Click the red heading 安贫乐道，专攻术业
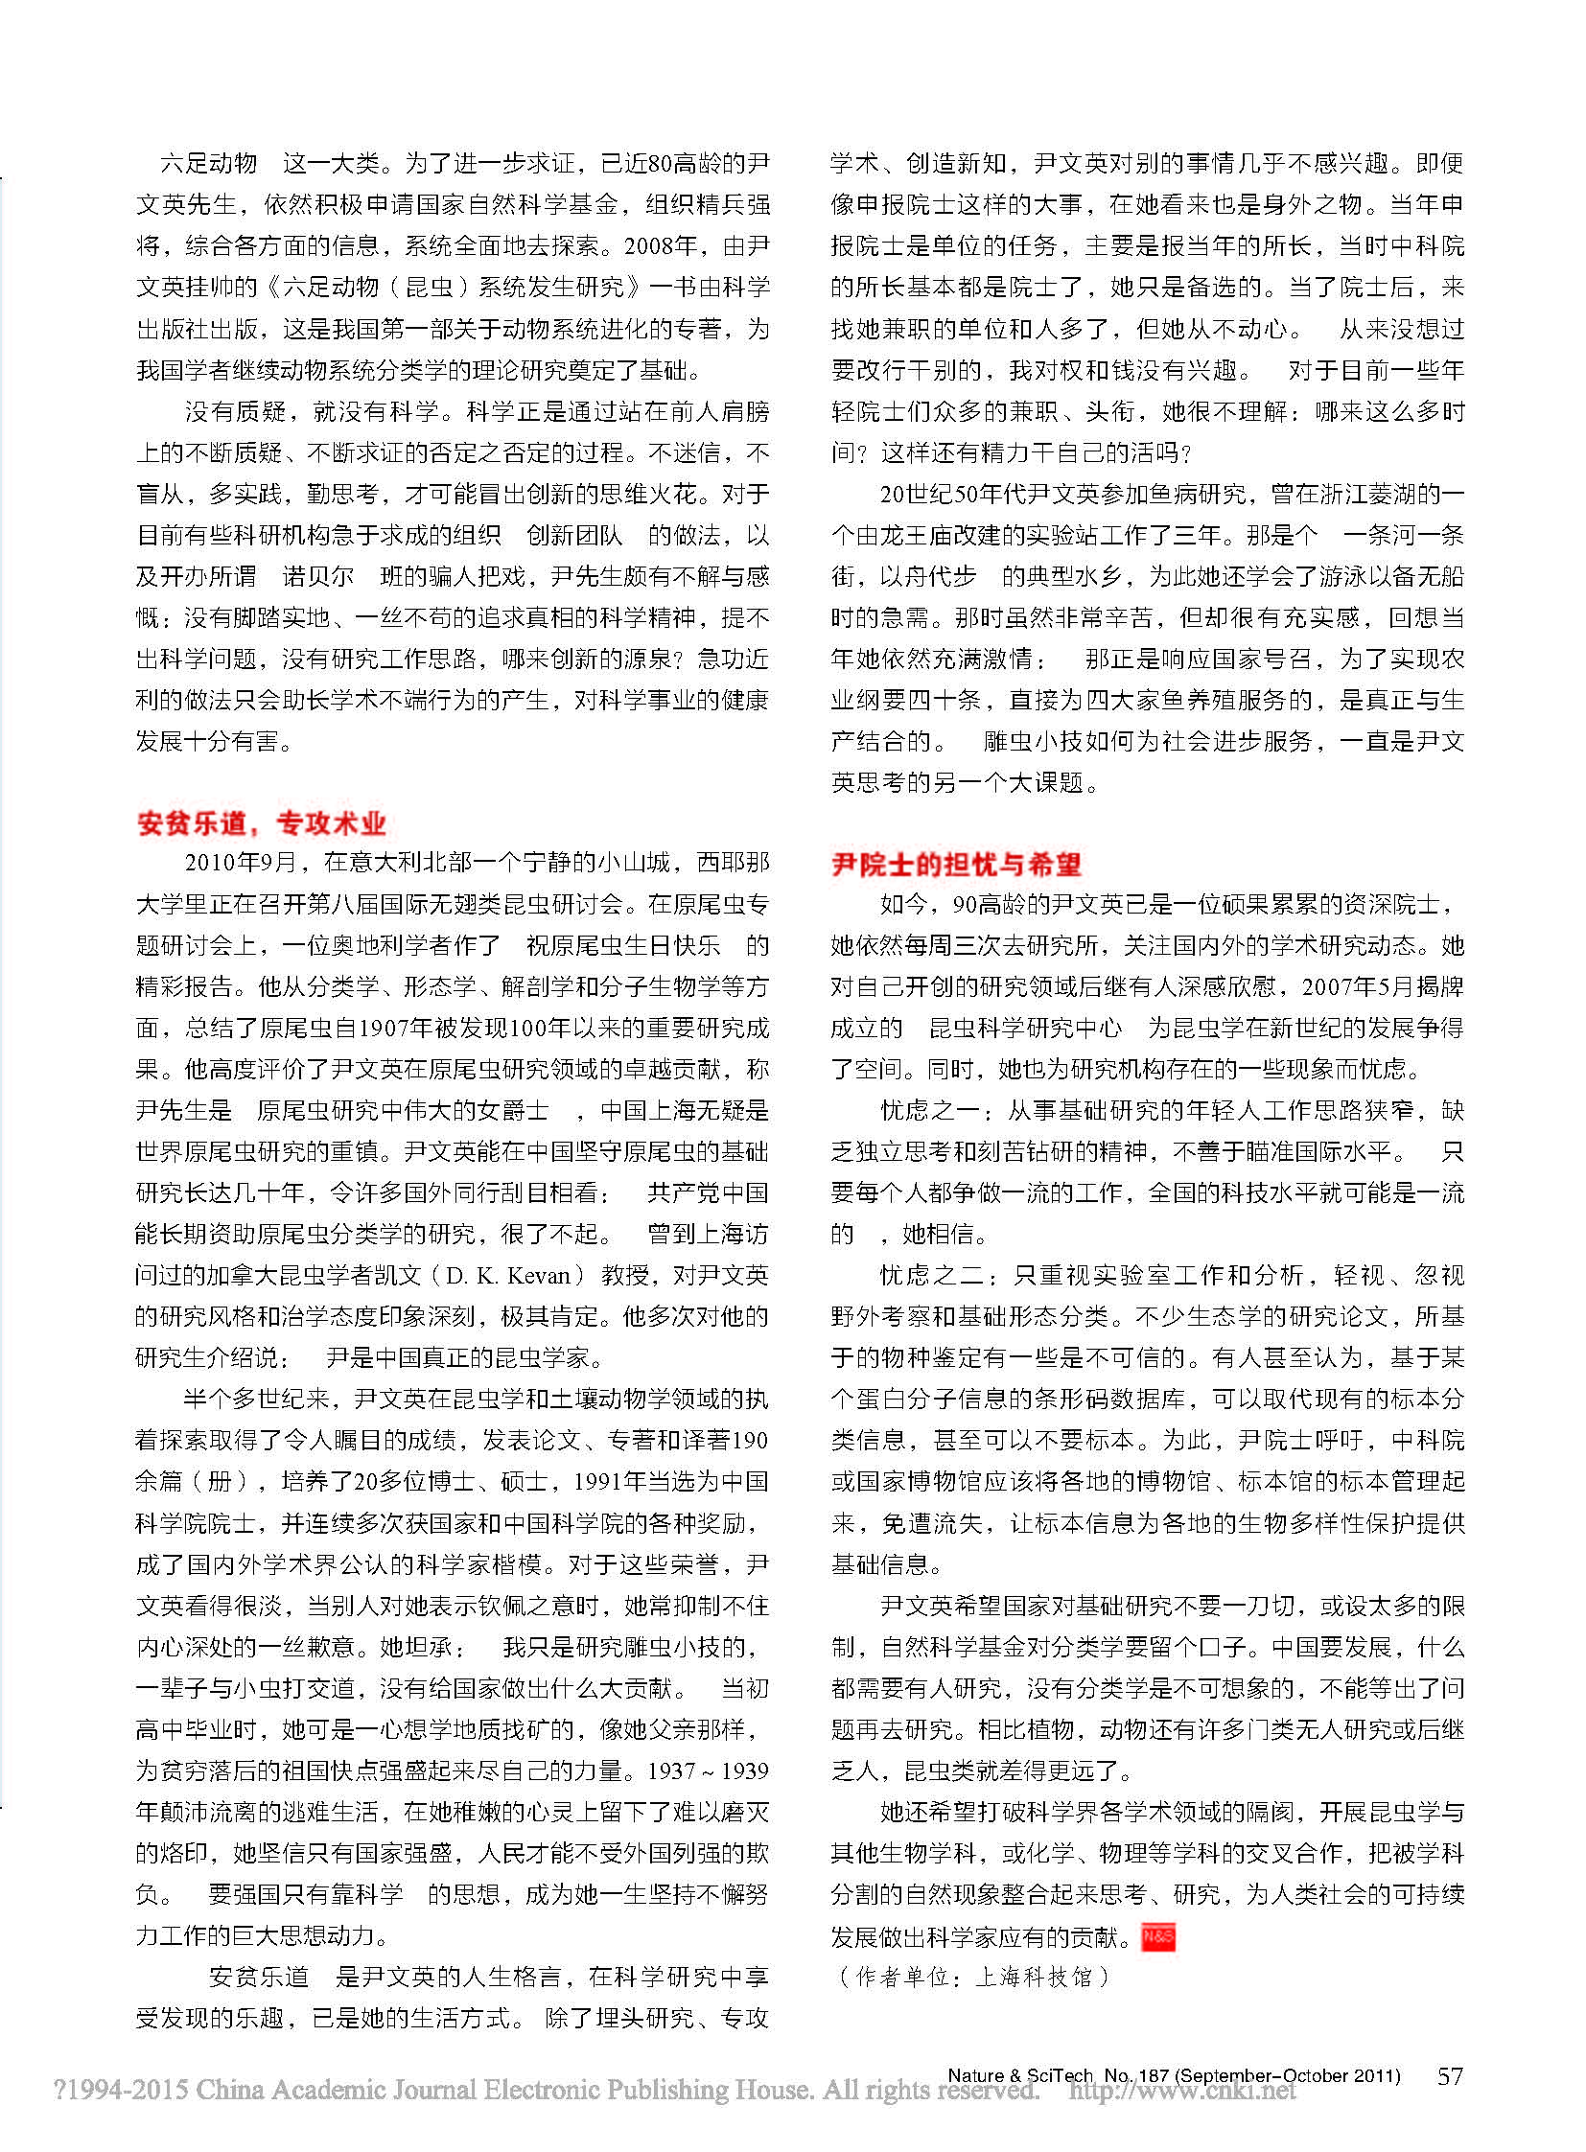pos(261,822)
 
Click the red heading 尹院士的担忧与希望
pos(956,864)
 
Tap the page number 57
pos(1450,2076)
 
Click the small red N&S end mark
pos(1157,1937)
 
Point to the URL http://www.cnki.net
pos(1182,2092)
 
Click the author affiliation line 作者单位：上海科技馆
pos(972,1978)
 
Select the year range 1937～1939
pos(709,1770)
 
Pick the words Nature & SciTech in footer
pos(1019,2075)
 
